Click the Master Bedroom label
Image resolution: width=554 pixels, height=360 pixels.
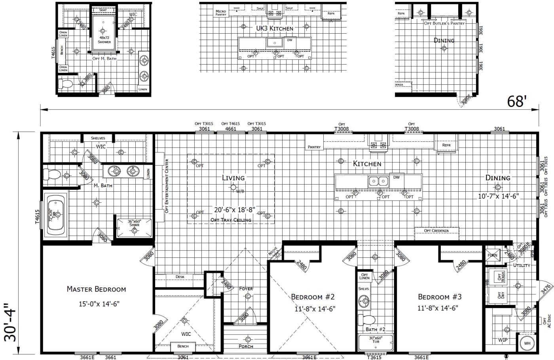coord(96,289)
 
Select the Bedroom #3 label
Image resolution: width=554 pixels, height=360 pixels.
coord(440,297)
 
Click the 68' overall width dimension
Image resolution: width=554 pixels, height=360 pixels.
coord(517,102)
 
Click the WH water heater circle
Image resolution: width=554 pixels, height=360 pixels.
coord(527,343)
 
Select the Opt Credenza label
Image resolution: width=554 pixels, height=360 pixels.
coord(436,231)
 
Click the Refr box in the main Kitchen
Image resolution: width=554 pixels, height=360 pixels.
coord(446,145)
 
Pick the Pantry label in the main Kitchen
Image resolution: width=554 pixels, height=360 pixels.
coord(314,147)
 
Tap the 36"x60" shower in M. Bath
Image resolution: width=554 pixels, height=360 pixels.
coord(134,226)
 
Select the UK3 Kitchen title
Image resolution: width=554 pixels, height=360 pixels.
coord(274,29)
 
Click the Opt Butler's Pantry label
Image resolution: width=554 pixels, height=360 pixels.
coord(444,23)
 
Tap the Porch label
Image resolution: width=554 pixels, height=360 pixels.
coord(246,346)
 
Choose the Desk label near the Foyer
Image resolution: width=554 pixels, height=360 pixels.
coord(180,277)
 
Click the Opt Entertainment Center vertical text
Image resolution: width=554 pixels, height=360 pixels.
coord(167,185)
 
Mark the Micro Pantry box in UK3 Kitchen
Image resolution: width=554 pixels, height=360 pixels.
coord(220,13)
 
